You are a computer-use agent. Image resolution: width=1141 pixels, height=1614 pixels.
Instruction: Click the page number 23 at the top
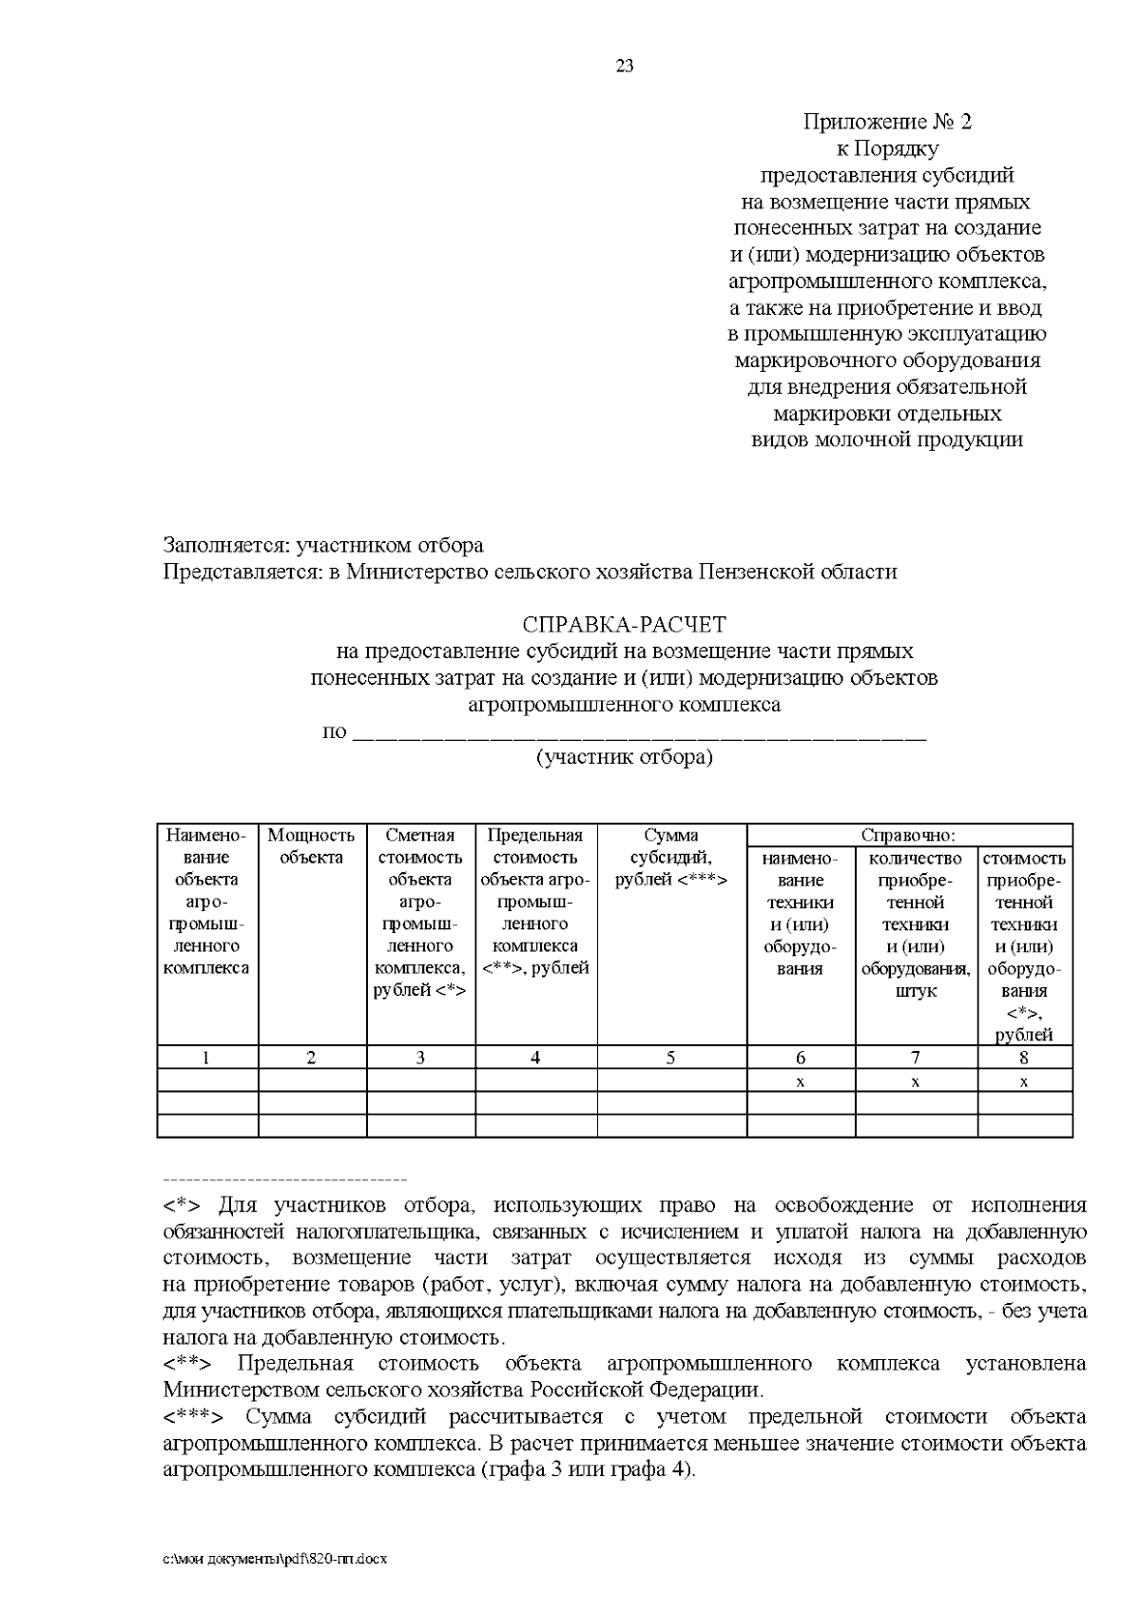click(x=625, y=66)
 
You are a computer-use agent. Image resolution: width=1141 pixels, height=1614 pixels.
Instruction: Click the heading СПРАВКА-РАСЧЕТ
click(x=624, y=625)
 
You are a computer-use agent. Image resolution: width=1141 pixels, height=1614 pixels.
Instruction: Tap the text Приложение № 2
click(x=887, y=122)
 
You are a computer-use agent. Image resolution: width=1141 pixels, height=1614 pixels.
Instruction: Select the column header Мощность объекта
click(x=311, y=846)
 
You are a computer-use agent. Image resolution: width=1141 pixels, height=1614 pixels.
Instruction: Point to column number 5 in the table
click(x=670, y=1058)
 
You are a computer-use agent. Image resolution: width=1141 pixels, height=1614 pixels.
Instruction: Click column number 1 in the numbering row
click(x=206, y=1058)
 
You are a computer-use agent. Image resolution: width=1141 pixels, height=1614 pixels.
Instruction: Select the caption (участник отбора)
click(x=624, y=758)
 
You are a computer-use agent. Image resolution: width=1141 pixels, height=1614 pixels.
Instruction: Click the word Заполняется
click(x=225, y=546)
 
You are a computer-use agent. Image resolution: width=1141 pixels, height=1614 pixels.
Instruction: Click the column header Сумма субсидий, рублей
click(x=670, y=857)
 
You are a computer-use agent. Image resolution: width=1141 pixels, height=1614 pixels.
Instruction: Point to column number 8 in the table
click(x=1024, y=1058)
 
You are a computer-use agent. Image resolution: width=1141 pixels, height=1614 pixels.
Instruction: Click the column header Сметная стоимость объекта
click(x=419, y=857)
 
